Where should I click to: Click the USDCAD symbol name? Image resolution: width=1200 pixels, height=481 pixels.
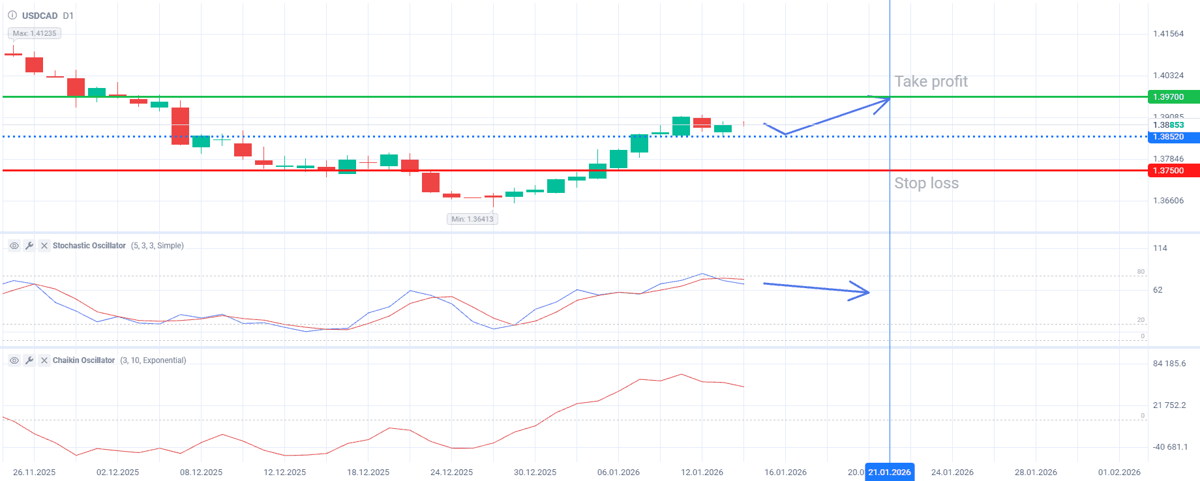point(40,16)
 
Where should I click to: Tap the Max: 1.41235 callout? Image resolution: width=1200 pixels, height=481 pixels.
point(35,33)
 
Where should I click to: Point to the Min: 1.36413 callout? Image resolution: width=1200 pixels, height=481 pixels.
point(472,219)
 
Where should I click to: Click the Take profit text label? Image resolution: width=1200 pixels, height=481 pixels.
point(931,81)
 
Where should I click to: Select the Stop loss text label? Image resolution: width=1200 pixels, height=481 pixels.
point(926,183)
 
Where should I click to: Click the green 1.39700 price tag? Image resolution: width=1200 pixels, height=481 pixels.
point(1173,97)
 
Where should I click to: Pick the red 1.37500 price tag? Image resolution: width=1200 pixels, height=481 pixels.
point(1173,171)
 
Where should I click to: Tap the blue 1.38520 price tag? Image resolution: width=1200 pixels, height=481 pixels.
point(1173,137)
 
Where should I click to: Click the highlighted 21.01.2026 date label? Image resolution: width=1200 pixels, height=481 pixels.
point(890,473)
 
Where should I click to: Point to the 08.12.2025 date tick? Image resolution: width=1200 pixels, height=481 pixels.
point(201,473)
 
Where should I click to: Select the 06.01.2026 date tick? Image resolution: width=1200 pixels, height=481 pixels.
point(618,473)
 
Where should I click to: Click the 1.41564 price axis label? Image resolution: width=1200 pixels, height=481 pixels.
point(1168,34)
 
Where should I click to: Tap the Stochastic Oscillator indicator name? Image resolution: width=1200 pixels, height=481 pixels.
point(89,246)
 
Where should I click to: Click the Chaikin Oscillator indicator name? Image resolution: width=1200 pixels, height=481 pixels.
point(83,360)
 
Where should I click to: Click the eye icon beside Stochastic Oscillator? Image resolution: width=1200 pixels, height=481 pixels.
point(14,246)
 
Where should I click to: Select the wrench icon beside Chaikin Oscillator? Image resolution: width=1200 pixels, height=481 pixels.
point(29,360)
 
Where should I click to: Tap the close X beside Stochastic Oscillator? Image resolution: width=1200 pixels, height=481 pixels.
point(44,246)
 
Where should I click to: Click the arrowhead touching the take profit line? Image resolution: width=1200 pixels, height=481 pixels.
point(884,101)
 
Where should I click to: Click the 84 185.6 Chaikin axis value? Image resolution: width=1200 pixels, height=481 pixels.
point(1169,364)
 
